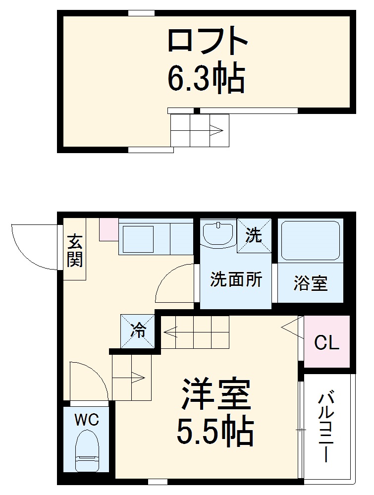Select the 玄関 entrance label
point(75,250)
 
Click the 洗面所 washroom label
point(236,280)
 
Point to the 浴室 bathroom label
point(310,284)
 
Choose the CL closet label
point(327,342)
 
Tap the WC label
point(87,421)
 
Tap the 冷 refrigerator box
point(138,330)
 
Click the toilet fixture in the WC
point(87,451)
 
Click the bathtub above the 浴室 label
point(310,240)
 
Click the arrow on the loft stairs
point(216,131)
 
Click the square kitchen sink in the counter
point(137,239)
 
